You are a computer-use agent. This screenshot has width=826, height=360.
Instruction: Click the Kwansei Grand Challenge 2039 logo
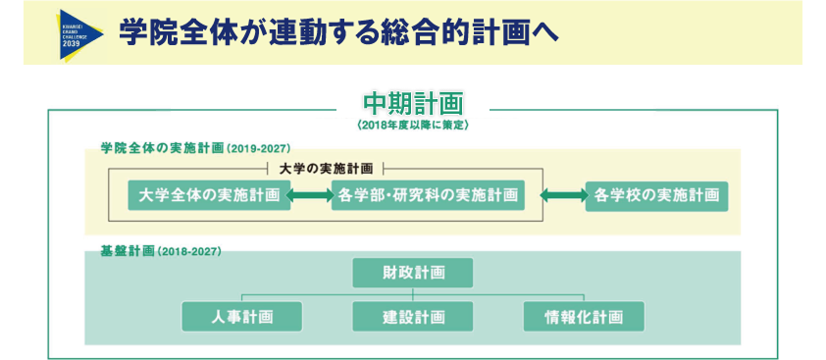coord(82,33)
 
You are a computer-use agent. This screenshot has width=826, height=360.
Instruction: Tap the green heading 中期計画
coord(412,103)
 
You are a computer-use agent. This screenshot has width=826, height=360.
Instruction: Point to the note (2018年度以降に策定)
coord(413,126)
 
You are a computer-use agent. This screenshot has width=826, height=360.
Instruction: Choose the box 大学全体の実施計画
coord(210,195)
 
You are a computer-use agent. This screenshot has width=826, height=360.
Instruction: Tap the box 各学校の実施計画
coord(656,195)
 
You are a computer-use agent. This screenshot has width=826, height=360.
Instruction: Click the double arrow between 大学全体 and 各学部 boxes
coord(312,195)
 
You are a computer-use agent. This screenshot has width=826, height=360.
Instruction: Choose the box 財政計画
coord(412,272)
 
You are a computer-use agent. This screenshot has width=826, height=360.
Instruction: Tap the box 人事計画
coord(241,316)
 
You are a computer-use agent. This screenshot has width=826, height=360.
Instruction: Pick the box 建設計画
coord(412,316)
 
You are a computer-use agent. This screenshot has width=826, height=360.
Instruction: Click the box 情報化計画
coord(584,316)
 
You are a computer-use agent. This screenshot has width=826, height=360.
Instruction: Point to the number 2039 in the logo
coord(73,45)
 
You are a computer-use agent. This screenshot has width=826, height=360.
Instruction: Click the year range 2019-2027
coord(259,149)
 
